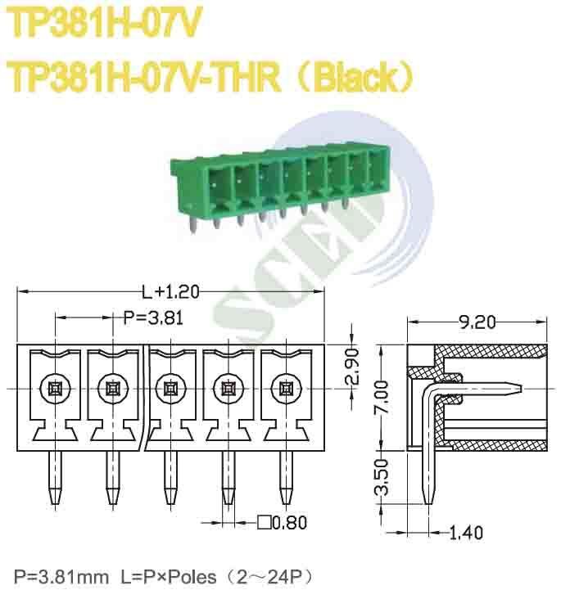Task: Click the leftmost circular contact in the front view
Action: tap(54, 388)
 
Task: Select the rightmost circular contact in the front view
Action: tap(285, 388)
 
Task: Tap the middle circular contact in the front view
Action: tap(169, 388)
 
